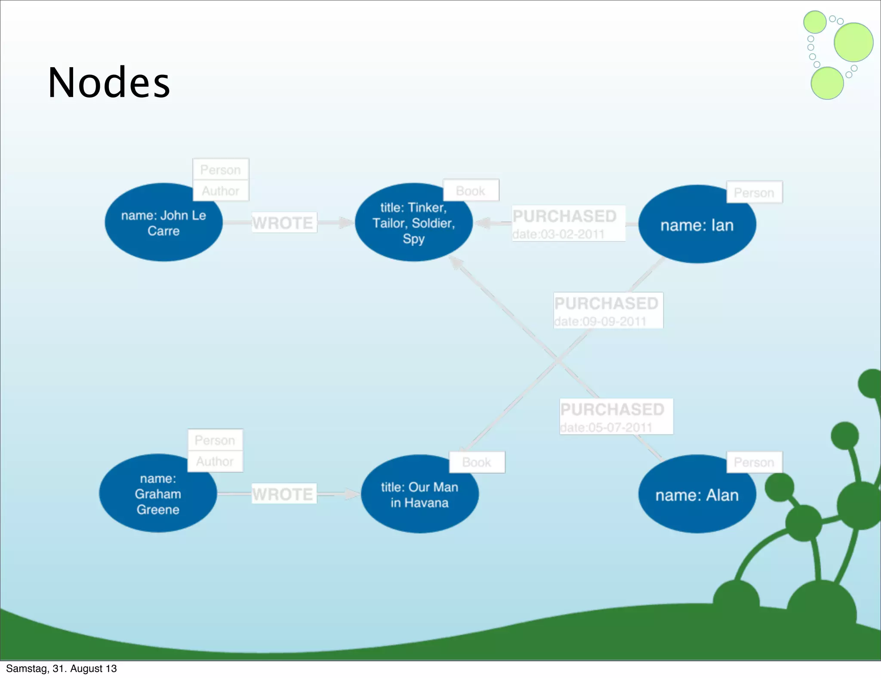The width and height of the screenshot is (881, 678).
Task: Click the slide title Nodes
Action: pyautogui.click(x=109, y=83)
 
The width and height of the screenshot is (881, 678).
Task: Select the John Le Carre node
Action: pyautogui.click(x=163, y=223)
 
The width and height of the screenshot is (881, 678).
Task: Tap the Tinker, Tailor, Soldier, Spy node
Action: pyautogui.click(x=413, y=223)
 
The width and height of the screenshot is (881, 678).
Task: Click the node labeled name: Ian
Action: pyautogui.click(x=697, y=225)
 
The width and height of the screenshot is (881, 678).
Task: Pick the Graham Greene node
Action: pyautogui.click(x=158, y=494)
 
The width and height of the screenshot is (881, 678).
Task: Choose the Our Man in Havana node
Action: pyautogui.click(x=419, y=495)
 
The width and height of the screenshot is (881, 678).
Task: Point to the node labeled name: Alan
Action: pyautogui.click(x=697, y=495)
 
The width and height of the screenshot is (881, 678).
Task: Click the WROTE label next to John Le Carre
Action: pyautogui.click(x=283, y=223)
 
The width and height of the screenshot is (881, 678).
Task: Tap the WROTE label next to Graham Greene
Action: pyautogui.click(x=283, y=494)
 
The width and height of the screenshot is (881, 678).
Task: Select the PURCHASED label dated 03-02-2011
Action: pyautogui.click(x=564, y=216)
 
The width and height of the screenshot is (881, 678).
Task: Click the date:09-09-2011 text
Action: pyautogui.click(x=600, y=321)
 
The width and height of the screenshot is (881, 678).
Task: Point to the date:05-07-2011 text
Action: pyautogui.click(x=606, y=427)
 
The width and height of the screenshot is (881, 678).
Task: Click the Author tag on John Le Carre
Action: pyautogui.click(x=220, y=191)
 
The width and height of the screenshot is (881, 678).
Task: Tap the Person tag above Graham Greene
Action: pyautogui.click(x=215, y=440)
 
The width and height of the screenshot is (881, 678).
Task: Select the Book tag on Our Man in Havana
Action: pyautogui.click(x=477, y=462)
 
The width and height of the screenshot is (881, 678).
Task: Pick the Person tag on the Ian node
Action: pyautogui.click(x=754, y=192)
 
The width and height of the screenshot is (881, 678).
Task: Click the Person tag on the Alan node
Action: pyautogui.click(x=754, y=462)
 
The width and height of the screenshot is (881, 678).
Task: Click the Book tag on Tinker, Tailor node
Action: pyautogui.click(x=471, y=191)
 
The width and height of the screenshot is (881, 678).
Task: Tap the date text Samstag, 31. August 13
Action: pyautogui.click(x=61, y=669)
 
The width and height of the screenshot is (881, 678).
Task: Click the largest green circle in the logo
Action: pyautogui.click(x=853, y=42)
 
